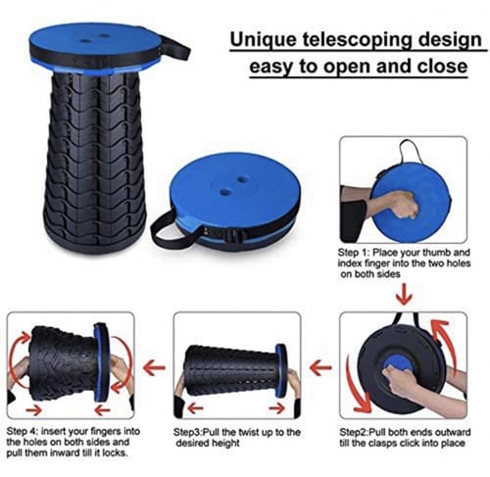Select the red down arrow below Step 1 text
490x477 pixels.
click(405, 294)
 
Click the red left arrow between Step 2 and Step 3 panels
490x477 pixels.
click(320, 367)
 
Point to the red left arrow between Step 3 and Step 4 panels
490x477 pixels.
click(154, 367)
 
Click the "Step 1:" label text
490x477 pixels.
click(354, 253)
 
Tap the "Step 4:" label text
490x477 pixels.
click(23, 431)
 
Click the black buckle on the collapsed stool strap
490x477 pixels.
click(231, 235)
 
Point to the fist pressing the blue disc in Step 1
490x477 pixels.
click(403, 206)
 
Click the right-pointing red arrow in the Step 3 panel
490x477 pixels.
click(276, 408)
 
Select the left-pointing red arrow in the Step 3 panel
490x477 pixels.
click(196, 408)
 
